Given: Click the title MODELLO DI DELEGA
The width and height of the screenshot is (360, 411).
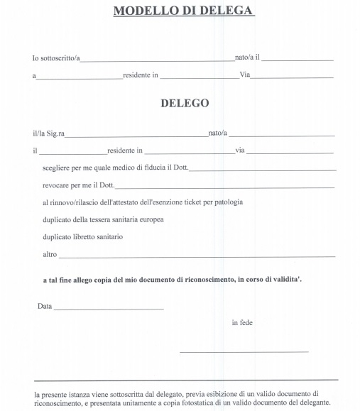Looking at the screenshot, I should point(184,11).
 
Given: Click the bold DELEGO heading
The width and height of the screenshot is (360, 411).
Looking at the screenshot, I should point(185,103).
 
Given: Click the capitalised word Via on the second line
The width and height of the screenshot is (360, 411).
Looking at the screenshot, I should point(245,75).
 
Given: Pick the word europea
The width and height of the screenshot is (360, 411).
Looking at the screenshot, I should point(150,219).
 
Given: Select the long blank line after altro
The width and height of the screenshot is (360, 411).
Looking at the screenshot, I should point(197,256).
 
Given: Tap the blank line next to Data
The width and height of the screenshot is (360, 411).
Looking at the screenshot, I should point(108,308).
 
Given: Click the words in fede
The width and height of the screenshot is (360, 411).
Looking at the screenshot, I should point(242,323).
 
